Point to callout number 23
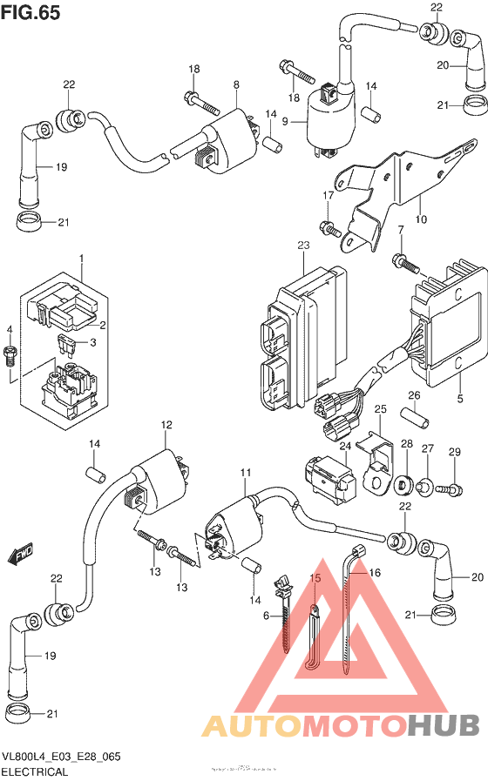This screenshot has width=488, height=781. coord(303,246)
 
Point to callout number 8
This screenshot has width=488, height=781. coord(235,84)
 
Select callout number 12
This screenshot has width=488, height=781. coord(162,425)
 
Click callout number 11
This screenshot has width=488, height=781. coord(246,473)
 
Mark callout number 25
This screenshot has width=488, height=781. coord(380,408)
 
